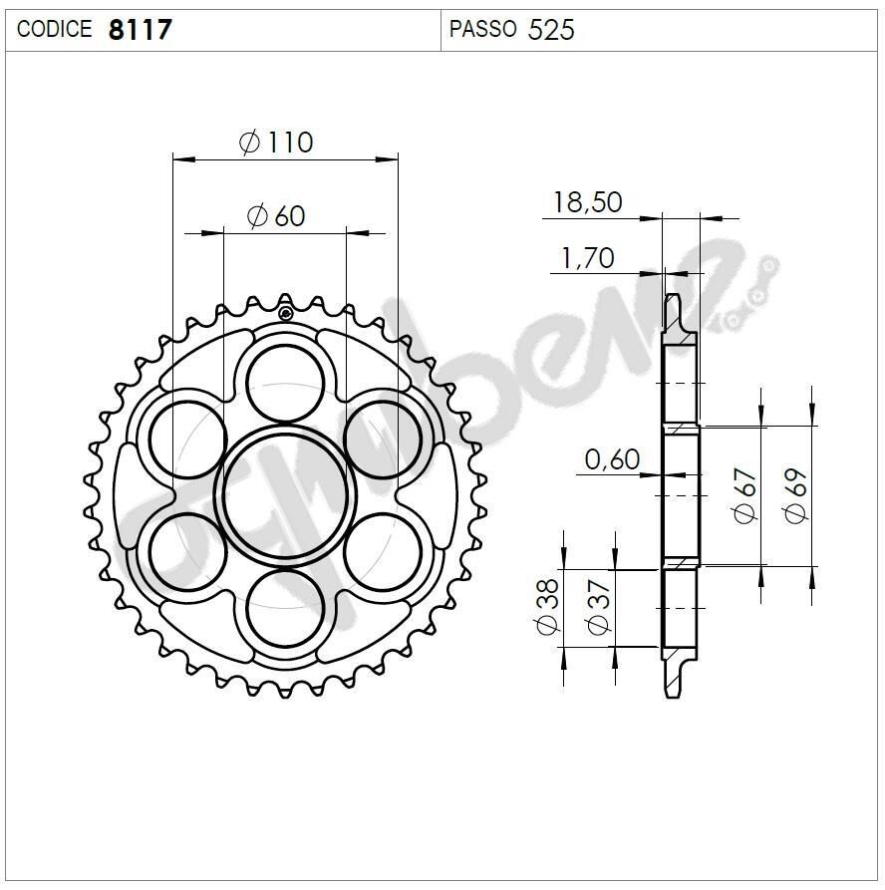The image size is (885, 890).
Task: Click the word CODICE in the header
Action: pyautogui.click(x=54, y=30)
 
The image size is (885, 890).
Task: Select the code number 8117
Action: pyautogui.click(x=140, y=30)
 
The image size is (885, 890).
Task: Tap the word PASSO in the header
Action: pyautogui.click(x=482, y=30)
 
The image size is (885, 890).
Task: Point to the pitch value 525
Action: pyautogui.click(x=551, y=30)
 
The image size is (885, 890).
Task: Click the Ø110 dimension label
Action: pyautogui.click(x=276, y=143)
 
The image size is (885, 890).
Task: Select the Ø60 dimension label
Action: pyautogui.click(x=276, y=214)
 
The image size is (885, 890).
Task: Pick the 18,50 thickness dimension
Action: pyautogui.click(x=587, y=202)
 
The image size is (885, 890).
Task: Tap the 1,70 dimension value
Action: pyautogui.click(x=587, y=258)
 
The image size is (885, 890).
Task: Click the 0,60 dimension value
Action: pyautogui.click(x=612, y=459)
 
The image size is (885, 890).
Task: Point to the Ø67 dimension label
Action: pyautogui.click(x=746, y=495)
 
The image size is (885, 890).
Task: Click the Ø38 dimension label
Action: pyautogui.click(x=547, y=607)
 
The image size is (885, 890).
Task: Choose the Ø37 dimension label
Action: pyautogui.click(x=598, y=607)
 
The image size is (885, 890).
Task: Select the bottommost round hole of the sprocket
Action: pyautogui.click(x=287, y=608)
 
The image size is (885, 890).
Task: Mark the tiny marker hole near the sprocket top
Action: pyautogui.click(x=286, y=314)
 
